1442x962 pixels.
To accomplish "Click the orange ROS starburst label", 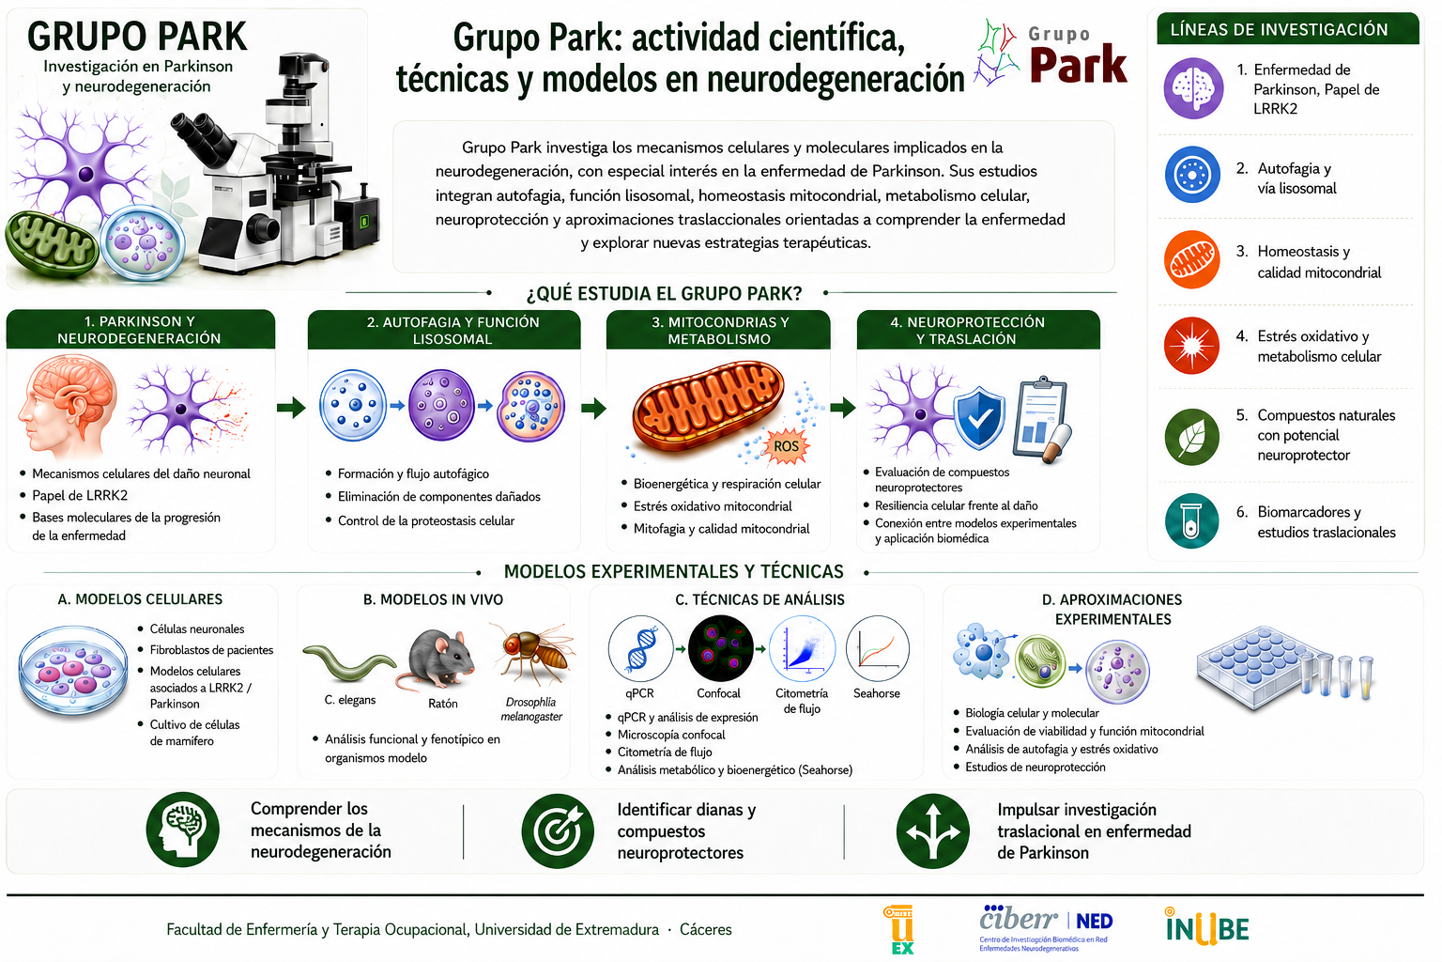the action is pos(786,446).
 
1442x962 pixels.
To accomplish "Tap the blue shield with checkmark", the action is pos(979,417).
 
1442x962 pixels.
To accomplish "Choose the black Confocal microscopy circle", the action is pos(720,648).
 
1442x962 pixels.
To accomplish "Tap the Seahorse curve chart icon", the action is pos(878,648).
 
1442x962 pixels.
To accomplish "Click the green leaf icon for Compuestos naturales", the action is pos(1191,437).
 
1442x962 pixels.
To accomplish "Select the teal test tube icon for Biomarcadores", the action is pos(1191,520).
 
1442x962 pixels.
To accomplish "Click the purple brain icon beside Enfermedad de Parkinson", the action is pos(1193,88).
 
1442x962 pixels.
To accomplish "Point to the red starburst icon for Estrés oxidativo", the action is pos(1191,346).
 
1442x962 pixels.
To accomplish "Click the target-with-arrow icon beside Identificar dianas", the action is pos(558,831).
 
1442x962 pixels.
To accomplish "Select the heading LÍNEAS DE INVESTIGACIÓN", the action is pos(1279,30).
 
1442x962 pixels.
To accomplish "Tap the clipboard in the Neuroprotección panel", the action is pos(1041,419).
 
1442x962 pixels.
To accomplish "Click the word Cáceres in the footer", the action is pos(706,930).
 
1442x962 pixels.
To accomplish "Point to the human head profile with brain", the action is pos(67,406).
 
